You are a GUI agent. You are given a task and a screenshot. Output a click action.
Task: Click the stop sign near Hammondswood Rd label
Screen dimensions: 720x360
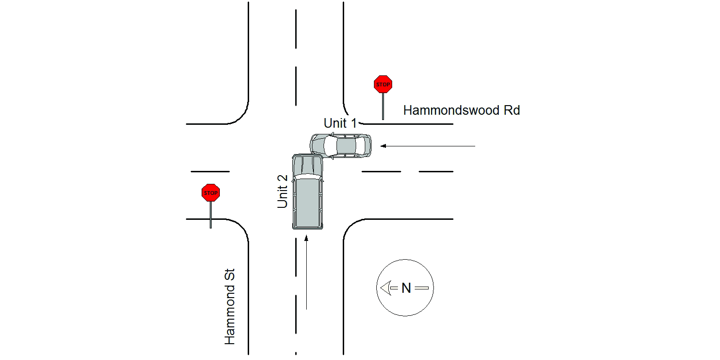click(383, 84)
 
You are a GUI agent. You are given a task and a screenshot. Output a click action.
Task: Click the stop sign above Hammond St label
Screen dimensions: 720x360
click(211, 193)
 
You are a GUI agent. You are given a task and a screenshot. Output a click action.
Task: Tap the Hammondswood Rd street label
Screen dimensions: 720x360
click(462, 110)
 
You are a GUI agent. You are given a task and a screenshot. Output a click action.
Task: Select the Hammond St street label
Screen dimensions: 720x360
click(230, 307)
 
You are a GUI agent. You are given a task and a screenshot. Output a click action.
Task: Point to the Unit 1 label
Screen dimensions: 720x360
click(340, 123)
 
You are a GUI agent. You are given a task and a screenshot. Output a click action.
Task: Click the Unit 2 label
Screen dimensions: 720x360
click(282, 192)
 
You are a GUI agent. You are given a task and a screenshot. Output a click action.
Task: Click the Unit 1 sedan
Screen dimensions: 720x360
click(341, 146)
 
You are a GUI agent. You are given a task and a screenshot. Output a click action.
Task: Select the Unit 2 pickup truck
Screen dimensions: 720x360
click(308, 192)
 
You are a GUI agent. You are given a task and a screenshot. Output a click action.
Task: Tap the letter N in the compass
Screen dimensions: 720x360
click(406, 288)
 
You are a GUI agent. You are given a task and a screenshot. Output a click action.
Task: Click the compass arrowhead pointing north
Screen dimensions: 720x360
click(385, 288)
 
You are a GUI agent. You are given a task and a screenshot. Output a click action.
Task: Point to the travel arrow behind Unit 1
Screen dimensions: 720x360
click(428, 146)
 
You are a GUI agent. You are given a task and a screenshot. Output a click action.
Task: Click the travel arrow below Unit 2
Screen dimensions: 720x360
click(306, 272)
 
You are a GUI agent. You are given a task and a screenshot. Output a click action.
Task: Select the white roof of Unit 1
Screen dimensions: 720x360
click(330, 146)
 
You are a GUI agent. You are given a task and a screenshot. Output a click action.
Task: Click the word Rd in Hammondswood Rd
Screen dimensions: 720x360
click(512, 110)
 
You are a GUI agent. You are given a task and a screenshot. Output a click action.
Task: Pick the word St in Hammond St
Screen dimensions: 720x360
click(230, 274)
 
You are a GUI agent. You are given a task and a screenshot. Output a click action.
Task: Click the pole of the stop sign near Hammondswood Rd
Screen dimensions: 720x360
click(383, 107)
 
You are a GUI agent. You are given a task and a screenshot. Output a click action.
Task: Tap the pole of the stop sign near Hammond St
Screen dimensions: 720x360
click(211, 215)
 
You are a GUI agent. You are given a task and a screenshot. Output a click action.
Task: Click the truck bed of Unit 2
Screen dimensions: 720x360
click(308, 203)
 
